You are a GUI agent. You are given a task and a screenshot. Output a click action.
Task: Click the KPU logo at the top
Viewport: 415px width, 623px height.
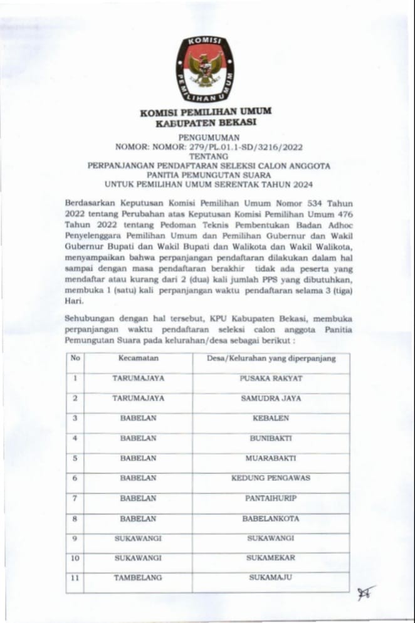tap(204, 70)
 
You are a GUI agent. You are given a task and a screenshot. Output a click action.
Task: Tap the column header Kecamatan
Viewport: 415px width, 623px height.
tap(139, 359)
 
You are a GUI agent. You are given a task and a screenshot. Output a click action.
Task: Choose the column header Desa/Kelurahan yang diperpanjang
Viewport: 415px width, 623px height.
tap(271, 359)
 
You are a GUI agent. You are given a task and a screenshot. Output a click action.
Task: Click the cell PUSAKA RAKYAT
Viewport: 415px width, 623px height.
tap(271, 379)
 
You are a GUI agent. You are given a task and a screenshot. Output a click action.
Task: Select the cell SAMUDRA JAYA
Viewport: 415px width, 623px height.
tap(271, 398)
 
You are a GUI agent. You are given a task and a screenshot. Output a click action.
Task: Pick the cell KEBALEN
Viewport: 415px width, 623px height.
tap(271, 418)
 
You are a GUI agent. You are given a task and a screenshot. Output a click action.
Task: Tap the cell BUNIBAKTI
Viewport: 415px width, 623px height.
tap(271, 438)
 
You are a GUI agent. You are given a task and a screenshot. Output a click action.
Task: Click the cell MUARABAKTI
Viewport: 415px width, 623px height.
tap(271, 458)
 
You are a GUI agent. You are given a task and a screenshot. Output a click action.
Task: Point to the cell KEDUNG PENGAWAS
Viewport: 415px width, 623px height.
tap(271, 478)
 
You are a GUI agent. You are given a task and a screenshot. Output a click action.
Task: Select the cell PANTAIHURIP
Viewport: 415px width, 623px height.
tap(271, 498)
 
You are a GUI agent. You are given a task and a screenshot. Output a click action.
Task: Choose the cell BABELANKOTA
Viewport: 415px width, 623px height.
tap(271, 518)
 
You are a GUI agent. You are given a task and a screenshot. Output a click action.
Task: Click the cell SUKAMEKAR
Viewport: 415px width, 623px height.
tap(271, 558)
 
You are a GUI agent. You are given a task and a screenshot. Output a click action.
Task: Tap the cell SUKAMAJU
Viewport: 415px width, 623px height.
tap(271, 577)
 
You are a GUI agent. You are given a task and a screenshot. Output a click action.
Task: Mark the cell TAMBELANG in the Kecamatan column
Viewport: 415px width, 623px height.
tap(139, 577)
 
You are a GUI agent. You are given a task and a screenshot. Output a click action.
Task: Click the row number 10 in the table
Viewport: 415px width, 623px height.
tap(75, 558)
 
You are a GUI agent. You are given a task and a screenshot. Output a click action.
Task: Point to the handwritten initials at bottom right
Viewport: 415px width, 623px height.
tap(365, 592)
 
